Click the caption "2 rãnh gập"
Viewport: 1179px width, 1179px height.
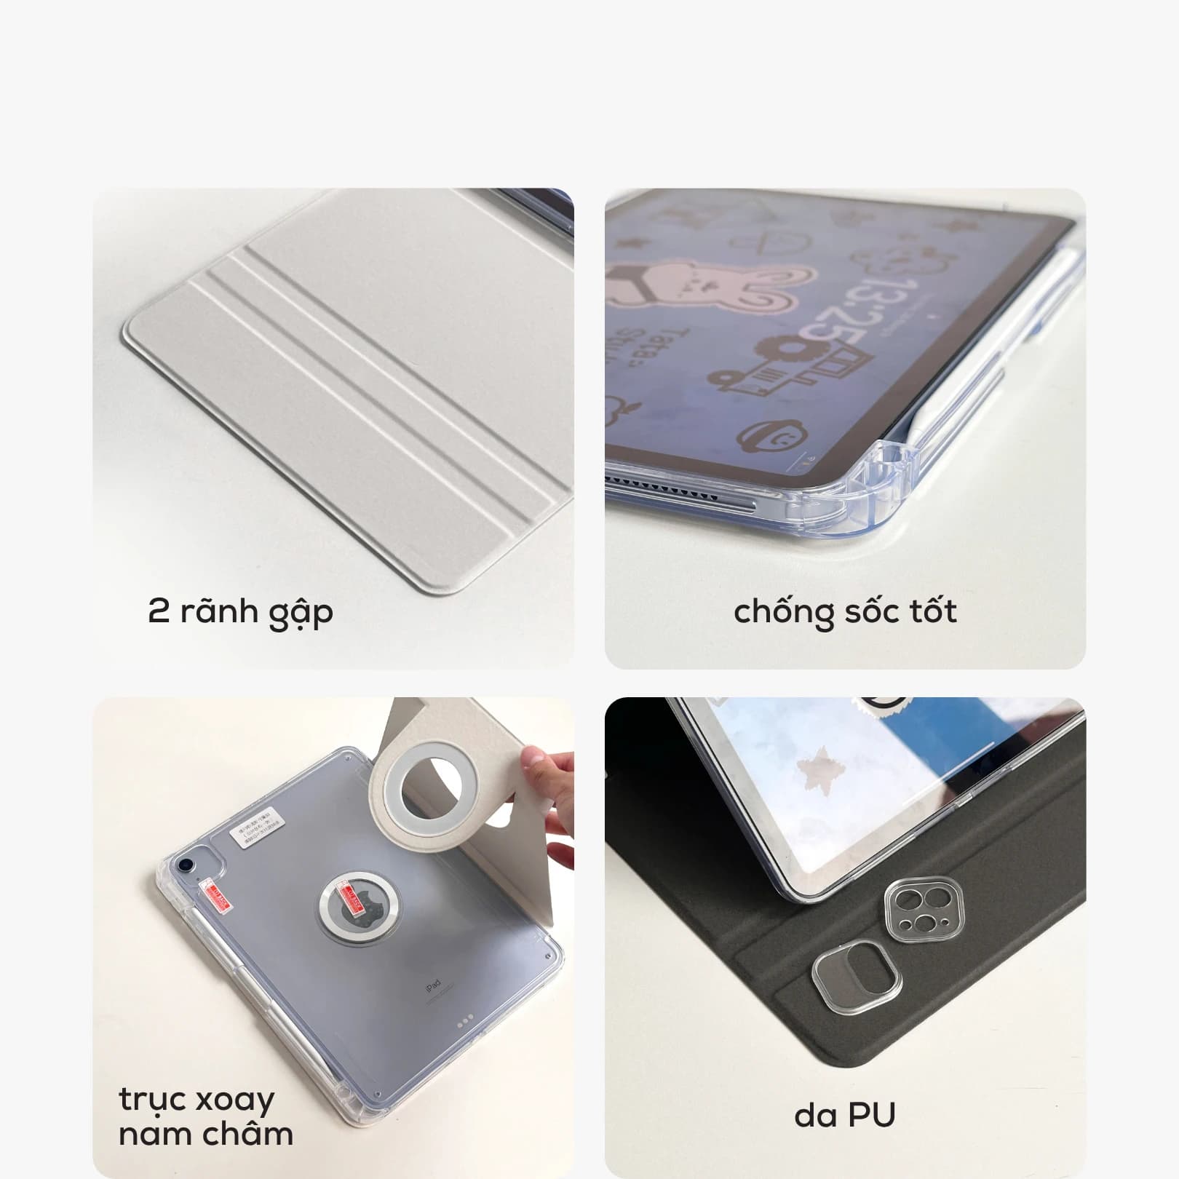coord(240,612)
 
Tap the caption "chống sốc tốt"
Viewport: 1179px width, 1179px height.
coord(845,612)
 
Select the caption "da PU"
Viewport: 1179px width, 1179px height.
coord(844,1114)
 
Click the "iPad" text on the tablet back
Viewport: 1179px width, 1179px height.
coord(434,986)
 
